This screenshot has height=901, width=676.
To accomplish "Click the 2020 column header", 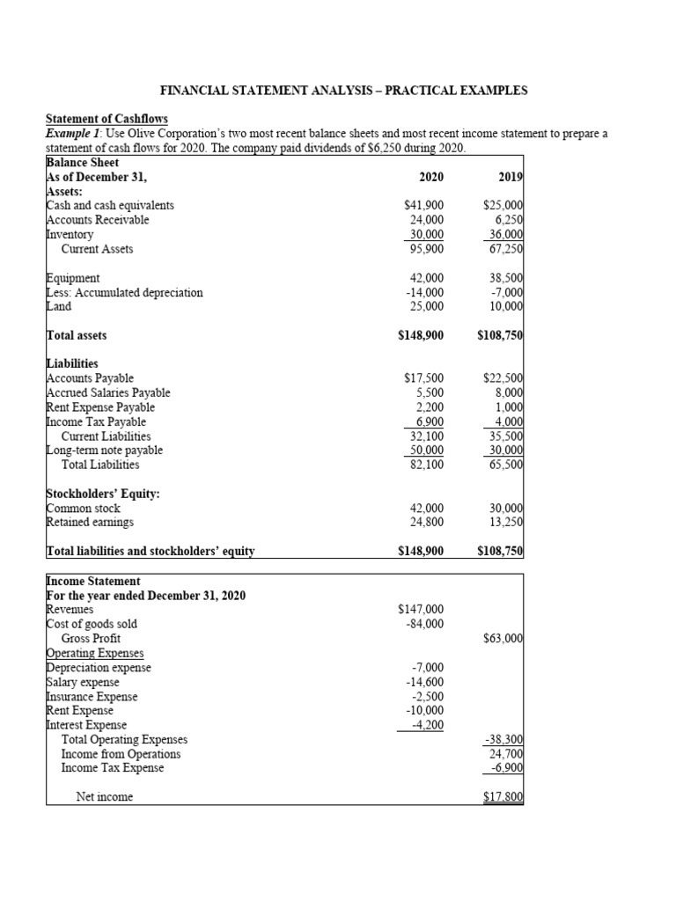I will pyautogui.click(x=431, y=177).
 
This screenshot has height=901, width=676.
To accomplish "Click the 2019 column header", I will pyautogui.click(x=511, y=177).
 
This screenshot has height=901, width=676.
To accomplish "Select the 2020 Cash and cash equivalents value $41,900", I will pyautogui.click(x=423, y=206).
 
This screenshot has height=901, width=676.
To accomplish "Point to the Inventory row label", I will pyautogui.click(x=70, y=235).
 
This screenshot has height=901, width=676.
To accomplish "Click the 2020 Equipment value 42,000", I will pyautogui.click(x=427, y=278).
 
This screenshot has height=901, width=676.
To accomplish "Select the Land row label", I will pyautogui.click(x=58, y=306).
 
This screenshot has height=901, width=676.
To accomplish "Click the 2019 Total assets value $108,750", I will pyautogui.click(x=500, y=335).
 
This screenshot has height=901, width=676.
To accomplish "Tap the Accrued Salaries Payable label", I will pyautogui.click(x=108, y=392).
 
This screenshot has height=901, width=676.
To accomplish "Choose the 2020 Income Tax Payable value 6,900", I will pyautogui.click(x=428, y=421).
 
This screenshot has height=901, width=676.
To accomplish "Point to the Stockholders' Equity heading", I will pyautogui.click(x=102, y=494).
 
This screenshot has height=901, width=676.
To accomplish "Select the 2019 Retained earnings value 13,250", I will pyautogui.click(x=505, y=523).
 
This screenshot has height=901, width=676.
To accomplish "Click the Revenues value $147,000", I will pyautogui.click(x=421, y=609).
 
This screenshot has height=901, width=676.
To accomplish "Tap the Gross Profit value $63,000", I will pyautogui.click(x=503, y=638).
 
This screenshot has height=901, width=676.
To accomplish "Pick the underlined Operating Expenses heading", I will pyautogui.click(x=95, y=652).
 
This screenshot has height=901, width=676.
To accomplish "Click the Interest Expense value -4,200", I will pyautogui.click(x=427, y=725).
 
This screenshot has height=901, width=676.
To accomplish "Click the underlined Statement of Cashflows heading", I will pyautogui.click(x=107, y=119).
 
